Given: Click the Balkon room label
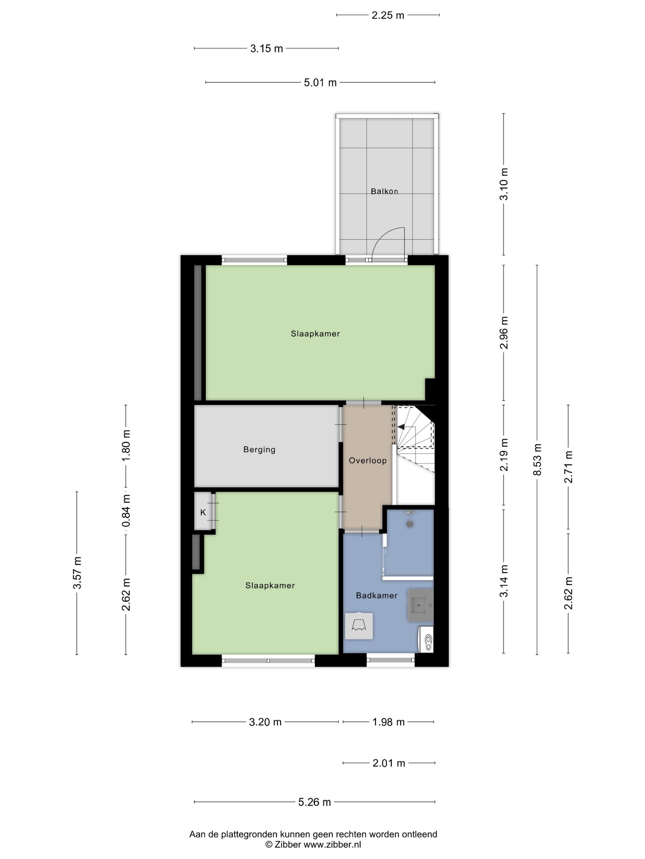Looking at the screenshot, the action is tap(384, 191).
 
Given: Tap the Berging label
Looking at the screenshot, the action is tap(259, 450).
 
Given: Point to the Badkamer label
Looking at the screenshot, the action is tap(376, 595).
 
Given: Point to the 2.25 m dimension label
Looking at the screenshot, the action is tap(388, 16).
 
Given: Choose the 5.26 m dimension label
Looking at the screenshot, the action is tap(315, 802).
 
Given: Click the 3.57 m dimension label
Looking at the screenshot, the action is tap(77, 572).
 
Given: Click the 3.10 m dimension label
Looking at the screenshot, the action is tap(503, 184).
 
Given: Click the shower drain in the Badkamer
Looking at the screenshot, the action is tap(409, 524).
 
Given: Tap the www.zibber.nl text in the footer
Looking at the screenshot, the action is tap(332, 844).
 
